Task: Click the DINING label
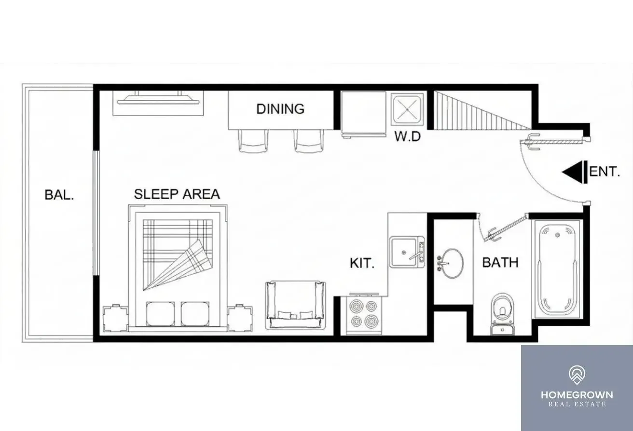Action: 280,109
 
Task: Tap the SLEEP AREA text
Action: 177,194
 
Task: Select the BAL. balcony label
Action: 59,195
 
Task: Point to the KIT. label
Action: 362,263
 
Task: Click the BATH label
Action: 500,263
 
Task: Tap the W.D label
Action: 408,136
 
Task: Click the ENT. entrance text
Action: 605,172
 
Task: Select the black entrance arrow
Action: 575,172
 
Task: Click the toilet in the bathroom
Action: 502,314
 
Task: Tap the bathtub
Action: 557,269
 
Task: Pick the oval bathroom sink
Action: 451,264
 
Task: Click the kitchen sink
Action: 407,252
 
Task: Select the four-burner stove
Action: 364,313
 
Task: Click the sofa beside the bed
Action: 295,305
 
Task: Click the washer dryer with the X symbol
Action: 407,109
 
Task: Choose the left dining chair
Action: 253,141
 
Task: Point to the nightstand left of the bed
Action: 115,318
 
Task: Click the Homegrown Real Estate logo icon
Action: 577,375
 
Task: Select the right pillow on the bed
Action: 195,313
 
